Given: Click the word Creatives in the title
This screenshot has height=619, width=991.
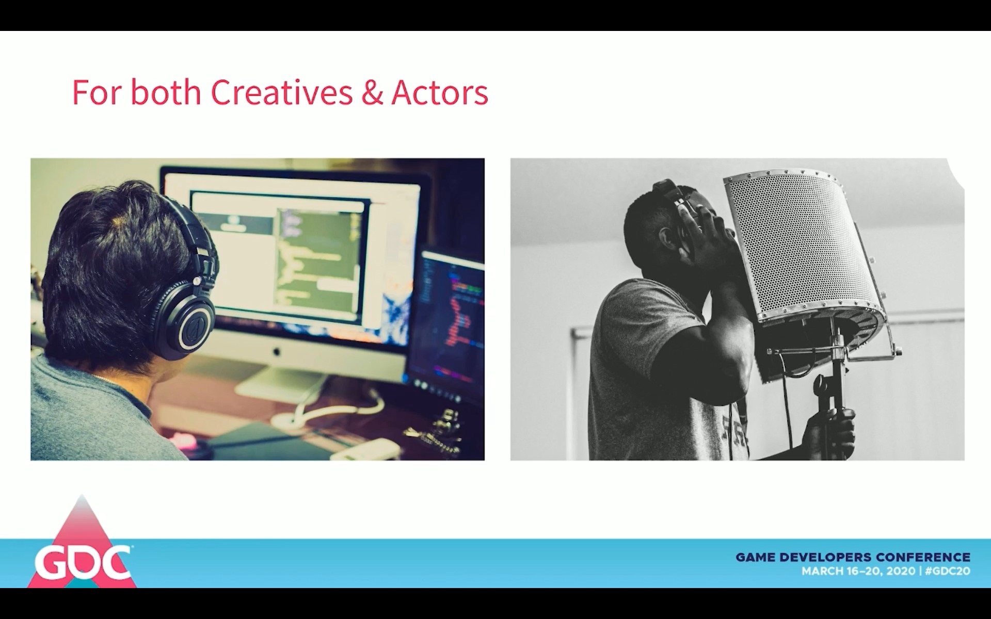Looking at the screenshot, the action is [x=281, y=92].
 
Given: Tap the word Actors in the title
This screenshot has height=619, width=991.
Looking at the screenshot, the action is [x=440, y=93].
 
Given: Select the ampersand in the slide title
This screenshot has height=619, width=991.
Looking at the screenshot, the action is [x=372, y=93].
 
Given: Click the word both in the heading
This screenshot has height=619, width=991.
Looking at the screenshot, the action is [x=165, y=92].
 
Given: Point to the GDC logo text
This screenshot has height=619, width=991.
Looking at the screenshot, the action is [x=82, y=563].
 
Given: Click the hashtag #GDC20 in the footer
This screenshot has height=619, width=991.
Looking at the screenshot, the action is [x=948, y=571].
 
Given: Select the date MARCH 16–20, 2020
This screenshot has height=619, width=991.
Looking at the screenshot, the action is [x=858, y=571].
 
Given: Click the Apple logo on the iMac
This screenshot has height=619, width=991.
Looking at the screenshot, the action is [x=276, y=352].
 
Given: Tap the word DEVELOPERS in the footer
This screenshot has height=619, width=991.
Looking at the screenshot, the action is [x=825, y=557].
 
